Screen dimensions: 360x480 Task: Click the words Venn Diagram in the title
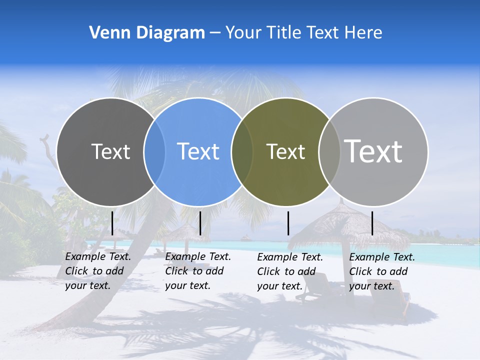click(147, 33)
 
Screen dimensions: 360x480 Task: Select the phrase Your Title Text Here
click(304, 33)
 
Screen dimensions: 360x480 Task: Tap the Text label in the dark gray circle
click(110, 151)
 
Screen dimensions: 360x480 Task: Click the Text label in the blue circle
click(198, 151)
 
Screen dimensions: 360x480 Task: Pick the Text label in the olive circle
click(285, 151)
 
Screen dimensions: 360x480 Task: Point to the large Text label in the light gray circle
click(373, 151)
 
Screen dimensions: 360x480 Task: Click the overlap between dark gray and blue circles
click(154, 151)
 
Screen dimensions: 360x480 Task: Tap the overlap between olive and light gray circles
click(329, 151)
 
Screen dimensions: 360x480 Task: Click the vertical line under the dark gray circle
click(112, 223)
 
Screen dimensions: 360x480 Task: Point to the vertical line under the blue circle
click(200, 223)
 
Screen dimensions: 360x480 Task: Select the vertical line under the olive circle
click(288, 223)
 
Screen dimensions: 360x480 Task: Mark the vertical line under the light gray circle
click(372, 223)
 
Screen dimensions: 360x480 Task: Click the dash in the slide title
click(215, 33)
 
